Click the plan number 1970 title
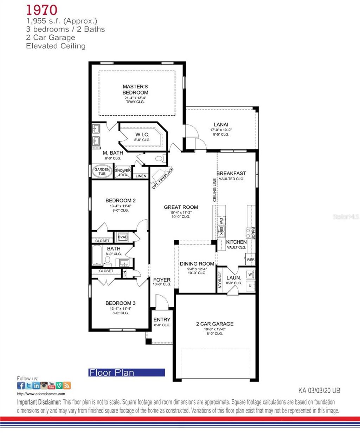41,10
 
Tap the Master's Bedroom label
135,89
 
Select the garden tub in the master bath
102,172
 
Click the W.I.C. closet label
142,135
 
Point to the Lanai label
221,124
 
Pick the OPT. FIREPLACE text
163,178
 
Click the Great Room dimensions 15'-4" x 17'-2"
181,212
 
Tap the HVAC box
123,237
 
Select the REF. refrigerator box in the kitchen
251,260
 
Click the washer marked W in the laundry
250,274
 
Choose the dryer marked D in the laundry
250,285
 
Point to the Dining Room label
197,264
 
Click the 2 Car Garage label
214,324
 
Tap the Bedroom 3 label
121,303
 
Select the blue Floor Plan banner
127,373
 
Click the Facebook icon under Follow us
21,386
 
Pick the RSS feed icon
67,386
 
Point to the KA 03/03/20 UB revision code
319,390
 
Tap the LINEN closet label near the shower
141,176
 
